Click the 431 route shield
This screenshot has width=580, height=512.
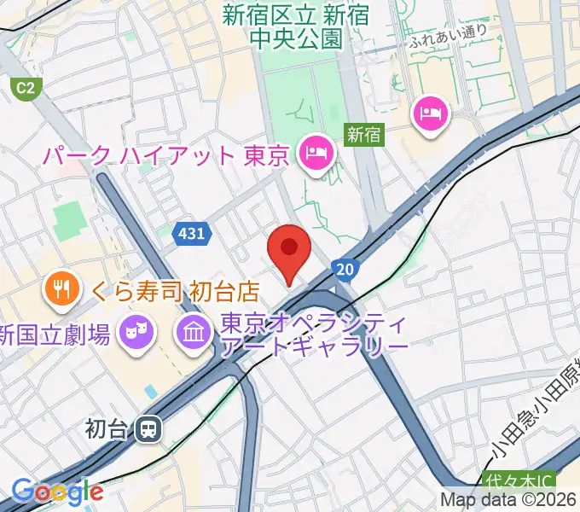click(x=191, y=233)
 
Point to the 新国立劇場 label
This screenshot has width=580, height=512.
click(x=56, y=335)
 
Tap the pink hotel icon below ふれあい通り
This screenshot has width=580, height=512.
click(x=428, y=113)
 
